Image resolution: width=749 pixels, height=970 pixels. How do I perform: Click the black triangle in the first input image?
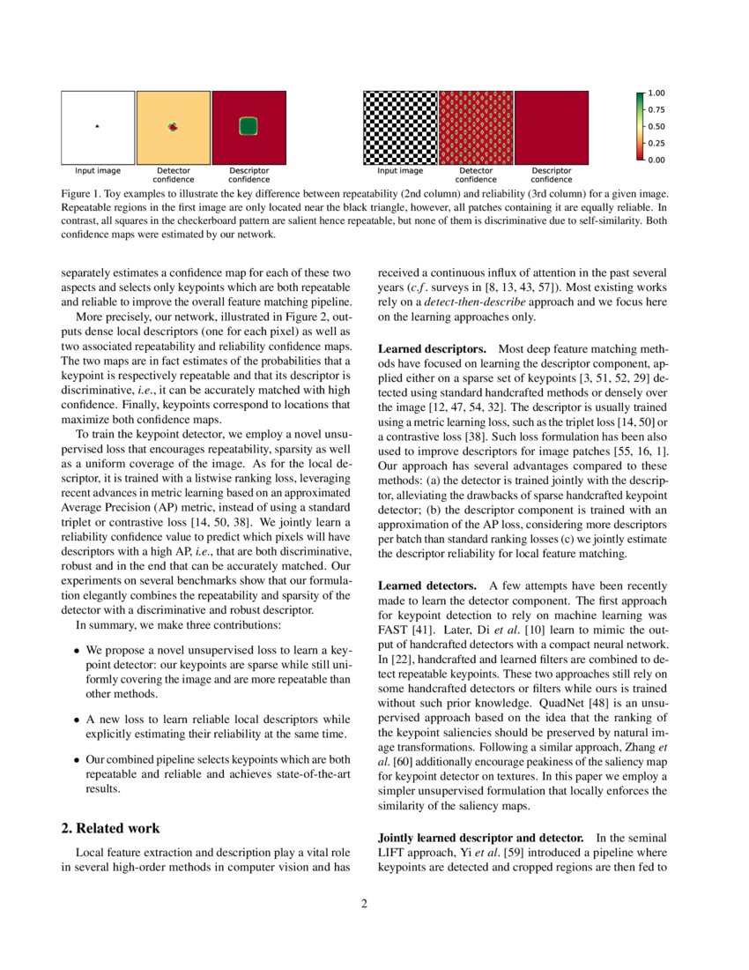(97, 127)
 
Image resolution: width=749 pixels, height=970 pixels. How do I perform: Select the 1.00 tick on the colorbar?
(656, 93)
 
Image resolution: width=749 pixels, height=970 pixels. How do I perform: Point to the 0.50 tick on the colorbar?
(656, 126)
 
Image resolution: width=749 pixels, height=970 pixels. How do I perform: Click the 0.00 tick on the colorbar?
(656, 160)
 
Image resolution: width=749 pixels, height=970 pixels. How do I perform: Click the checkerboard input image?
(400, 127)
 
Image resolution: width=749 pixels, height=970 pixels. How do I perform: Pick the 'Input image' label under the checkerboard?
(400, 171)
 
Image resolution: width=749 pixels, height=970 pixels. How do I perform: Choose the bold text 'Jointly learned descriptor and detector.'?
(480, 837)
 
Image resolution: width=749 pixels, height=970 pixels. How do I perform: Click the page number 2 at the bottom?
(363, 903)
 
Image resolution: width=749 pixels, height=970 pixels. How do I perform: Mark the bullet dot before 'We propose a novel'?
(78, 649)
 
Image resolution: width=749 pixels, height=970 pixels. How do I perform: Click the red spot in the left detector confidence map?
(173, 128)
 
